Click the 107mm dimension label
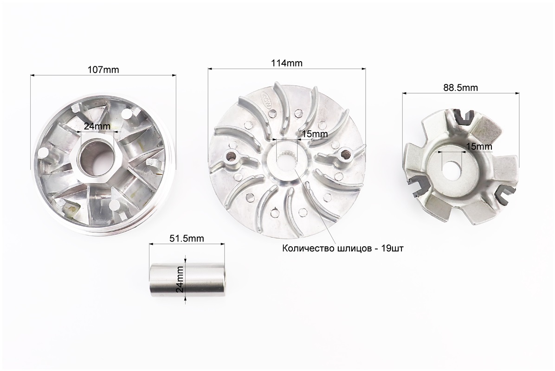103,70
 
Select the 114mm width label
287,63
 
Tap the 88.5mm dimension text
460,87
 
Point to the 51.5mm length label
187,238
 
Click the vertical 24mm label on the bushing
180,279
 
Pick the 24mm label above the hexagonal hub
97,126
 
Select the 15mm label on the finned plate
314,134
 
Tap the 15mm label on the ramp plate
478,146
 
